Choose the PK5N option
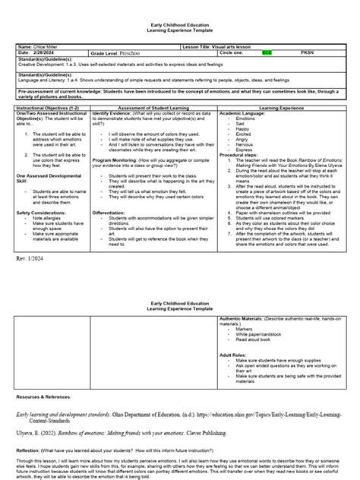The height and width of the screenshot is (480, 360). (308, 53)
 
